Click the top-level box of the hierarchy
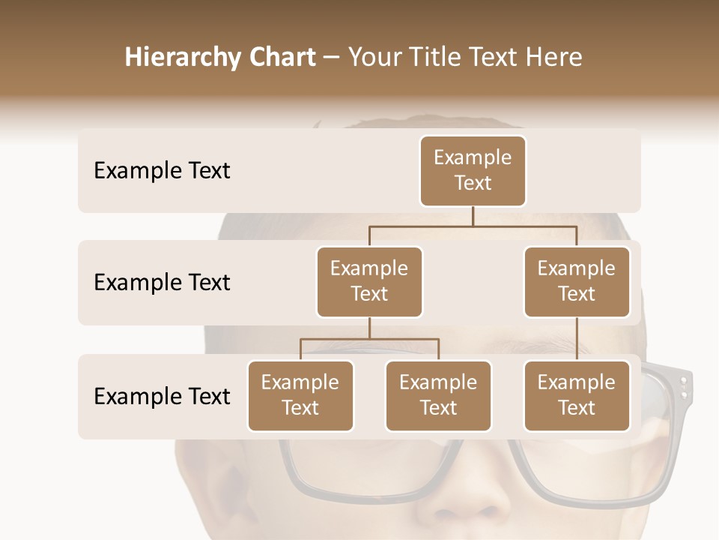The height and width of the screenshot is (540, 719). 473,170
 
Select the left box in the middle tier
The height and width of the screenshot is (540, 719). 369,281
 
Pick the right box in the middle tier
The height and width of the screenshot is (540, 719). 577,281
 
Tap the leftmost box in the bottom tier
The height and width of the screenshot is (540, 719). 300,395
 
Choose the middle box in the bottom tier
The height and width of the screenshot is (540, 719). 438,395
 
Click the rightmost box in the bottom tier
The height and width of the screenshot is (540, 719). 577,395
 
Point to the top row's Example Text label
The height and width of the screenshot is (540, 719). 162,171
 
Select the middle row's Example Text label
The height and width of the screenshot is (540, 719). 162,283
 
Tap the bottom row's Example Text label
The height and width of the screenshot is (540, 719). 162,396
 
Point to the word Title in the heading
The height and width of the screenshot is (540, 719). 433,57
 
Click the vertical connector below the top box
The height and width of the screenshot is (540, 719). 473,216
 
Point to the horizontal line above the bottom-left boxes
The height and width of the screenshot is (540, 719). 369,339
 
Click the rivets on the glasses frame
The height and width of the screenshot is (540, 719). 683,387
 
